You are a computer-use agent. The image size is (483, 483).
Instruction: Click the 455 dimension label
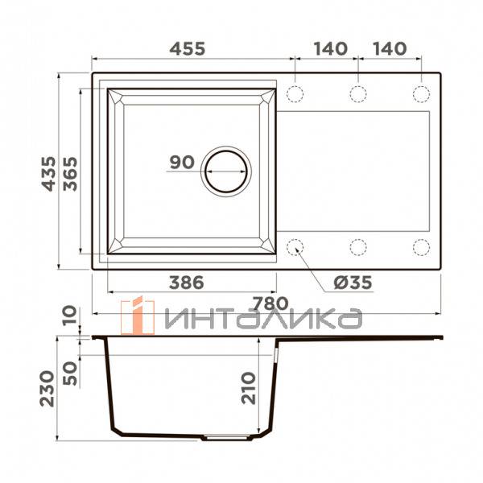point(188,48)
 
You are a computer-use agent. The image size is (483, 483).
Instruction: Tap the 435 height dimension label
point(48,174)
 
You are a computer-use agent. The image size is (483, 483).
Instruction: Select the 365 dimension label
point(70,174)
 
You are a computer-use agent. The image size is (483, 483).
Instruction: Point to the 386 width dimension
point(187,283)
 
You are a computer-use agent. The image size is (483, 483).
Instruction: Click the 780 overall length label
point(270,303)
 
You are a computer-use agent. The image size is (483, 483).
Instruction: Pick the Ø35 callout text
point(353,283)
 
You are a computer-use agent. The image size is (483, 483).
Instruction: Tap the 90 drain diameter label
point(182,162)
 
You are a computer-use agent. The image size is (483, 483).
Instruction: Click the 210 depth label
point(249,388)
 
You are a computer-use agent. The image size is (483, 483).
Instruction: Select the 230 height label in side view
point(47,389)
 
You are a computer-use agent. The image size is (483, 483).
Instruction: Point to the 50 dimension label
point(70,374)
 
